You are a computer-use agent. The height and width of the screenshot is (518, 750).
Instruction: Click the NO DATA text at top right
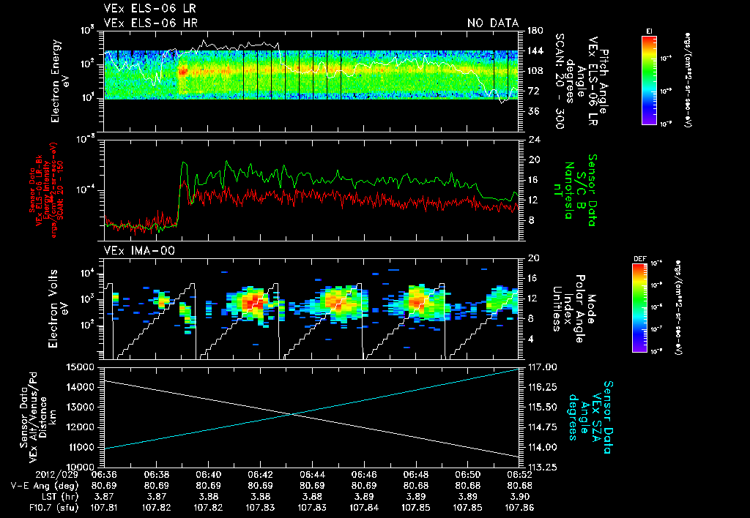point(492,23)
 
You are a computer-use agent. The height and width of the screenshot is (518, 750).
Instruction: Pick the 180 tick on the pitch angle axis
point(534,31)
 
